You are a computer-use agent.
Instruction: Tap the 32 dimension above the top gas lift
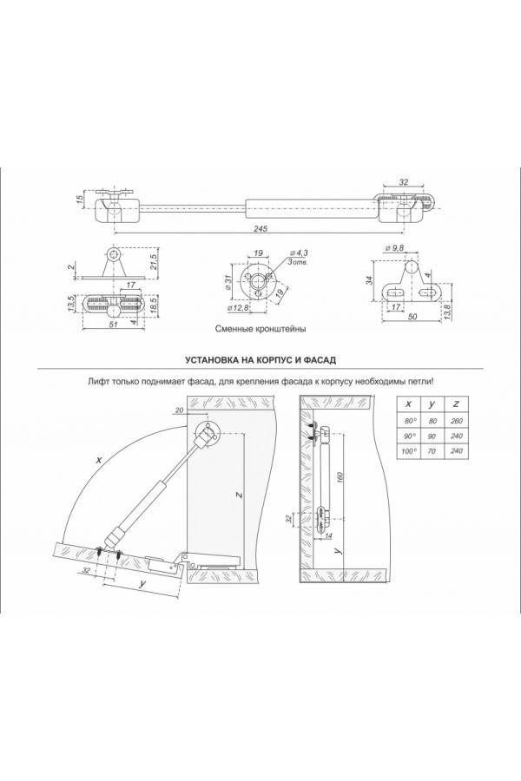tap(403, 183)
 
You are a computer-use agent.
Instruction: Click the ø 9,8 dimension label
tap(395, 247)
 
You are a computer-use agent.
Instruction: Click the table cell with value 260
tap(457, 422)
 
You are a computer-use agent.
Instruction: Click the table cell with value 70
tap(432, 452)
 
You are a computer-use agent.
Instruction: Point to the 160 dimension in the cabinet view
tap(345, 479)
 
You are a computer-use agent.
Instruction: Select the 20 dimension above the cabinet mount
tap(179, 411)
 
